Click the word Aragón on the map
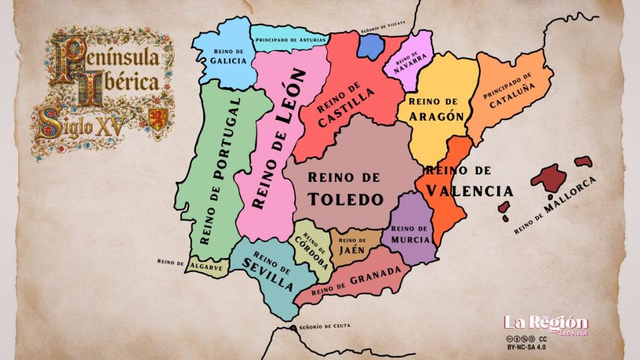tap(437, 116)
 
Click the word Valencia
tap(469, 190)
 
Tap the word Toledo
tap(346, 199)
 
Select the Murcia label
tap(411, 239)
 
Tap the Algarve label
tap(207, 267)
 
